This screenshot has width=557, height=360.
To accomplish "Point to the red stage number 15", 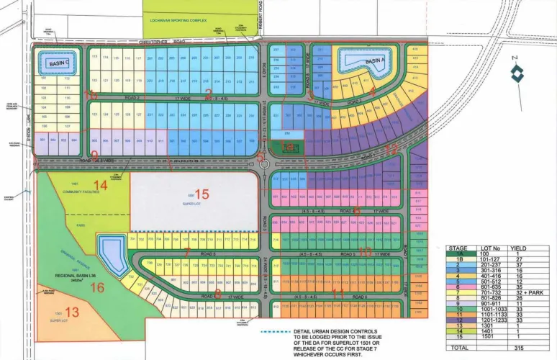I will pyautogui.click(x=201, y=194).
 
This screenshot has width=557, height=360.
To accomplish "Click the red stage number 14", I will pyautogui.click(x=101, y=185).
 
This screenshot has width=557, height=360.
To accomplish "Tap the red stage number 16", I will pyautogui.click(x=117, y=287).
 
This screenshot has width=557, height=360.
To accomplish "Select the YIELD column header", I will pyautogui.click(x=518, y=248).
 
